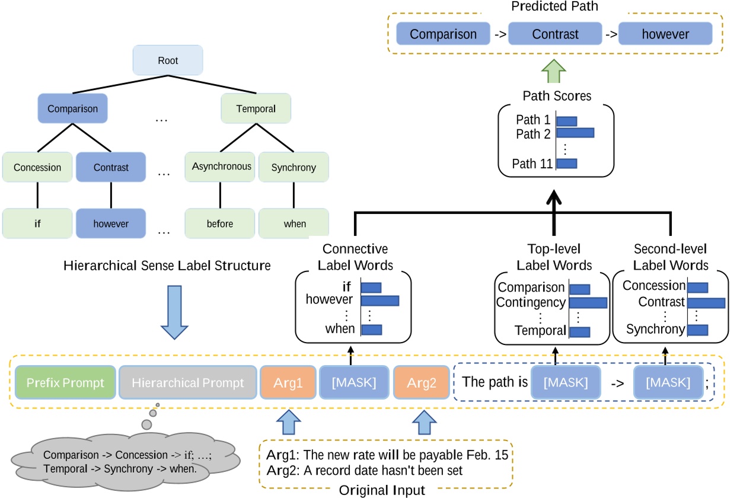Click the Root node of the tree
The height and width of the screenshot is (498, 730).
tap(167, 60)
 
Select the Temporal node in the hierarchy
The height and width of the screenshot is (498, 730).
tap(256, 109)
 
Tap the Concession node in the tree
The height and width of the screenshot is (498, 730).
tap(37, 167)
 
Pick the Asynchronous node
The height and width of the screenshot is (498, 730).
tap(222, 167)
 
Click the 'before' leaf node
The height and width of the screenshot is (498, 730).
tap(220, 224)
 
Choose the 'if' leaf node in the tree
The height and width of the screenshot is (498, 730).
tap(37, 224)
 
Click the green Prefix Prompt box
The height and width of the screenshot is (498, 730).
tap(64, 383)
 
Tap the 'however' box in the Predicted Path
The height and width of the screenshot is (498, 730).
tap(665, 34)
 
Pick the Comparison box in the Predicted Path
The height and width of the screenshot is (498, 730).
tap(443, 34)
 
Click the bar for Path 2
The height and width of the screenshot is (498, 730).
tap(575, 134)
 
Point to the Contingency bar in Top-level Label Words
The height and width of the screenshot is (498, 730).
tap(588, 303)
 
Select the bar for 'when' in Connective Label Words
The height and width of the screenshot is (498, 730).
tap(371, 329)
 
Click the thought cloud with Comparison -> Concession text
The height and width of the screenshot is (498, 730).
tap(124, 461)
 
